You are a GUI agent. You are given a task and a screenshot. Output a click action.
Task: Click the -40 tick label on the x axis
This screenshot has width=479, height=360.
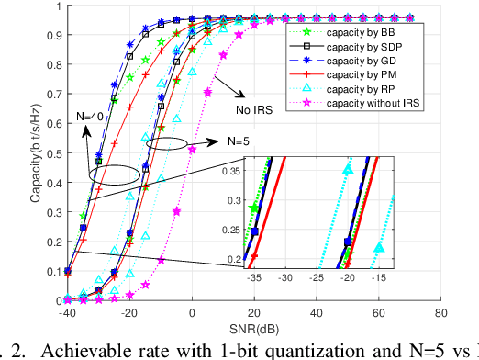67,312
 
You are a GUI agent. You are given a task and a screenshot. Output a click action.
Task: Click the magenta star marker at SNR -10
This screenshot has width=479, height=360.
162,260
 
